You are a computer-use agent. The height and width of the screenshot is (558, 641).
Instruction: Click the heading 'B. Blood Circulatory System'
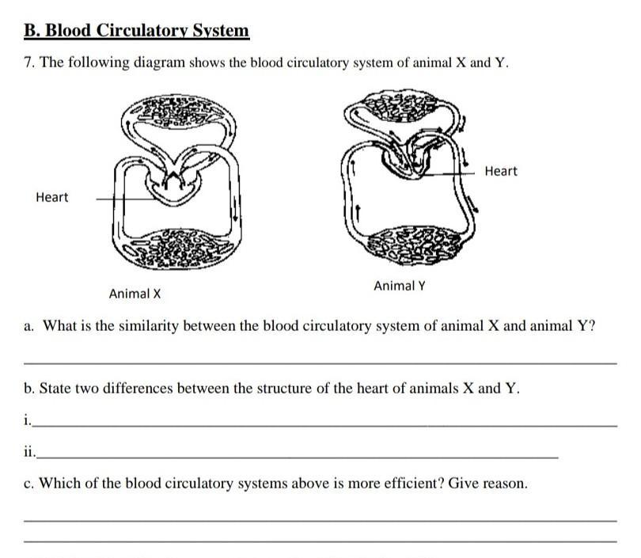click(137, 31)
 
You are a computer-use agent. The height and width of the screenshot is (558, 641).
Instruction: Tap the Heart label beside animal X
click(52, 197)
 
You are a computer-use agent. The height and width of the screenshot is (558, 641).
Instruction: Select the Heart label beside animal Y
click(501, 171)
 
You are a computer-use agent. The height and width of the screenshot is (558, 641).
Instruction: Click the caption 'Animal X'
click(135, 294)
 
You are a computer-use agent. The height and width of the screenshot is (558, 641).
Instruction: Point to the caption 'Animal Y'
click(400, 286)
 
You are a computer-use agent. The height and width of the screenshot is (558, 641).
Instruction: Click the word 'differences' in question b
click(138, 388)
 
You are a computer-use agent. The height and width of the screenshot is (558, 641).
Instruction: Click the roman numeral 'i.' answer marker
click(27, 419)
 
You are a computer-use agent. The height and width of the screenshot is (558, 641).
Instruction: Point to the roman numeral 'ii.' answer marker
click(29, 452)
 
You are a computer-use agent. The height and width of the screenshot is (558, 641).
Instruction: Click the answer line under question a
click(320, 363)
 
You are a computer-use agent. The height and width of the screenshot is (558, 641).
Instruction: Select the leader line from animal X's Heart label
click(127, 199)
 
